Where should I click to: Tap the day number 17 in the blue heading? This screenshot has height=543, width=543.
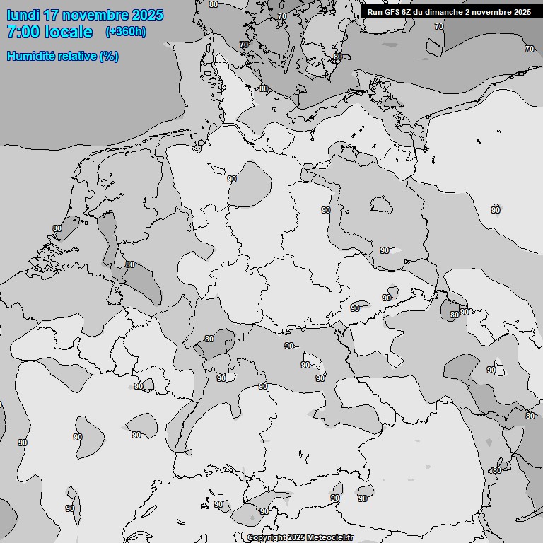click(51, 15)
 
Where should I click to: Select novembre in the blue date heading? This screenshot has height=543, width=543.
click(95, 15)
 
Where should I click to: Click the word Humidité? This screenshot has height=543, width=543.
click(30, 56)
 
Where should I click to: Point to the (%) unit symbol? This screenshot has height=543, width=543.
click(109, 56)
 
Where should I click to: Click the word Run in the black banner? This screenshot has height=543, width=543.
click(375, 12)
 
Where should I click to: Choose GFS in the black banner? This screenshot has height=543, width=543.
click(392, 12)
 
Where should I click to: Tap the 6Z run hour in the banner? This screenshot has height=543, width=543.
click(409, 12)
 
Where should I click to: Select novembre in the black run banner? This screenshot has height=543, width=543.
click(492, 12)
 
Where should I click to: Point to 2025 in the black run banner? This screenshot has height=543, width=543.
click(522, 12)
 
